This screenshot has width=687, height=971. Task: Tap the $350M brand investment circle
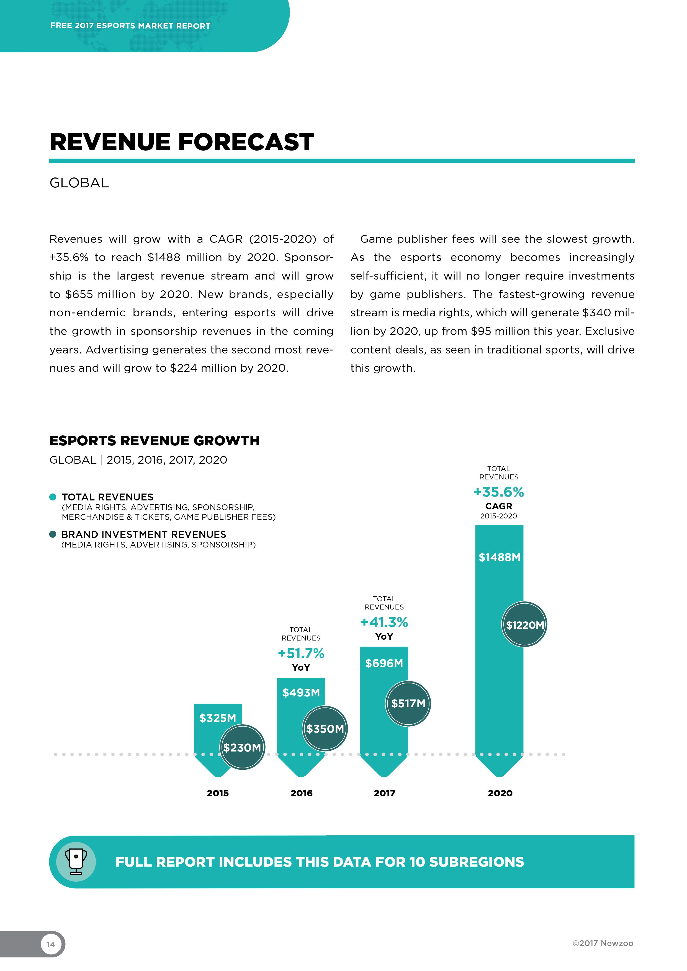point(325,729)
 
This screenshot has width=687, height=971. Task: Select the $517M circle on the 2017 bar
point(408,703)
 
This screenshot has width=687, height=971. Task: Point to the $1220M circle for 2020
point(524,625)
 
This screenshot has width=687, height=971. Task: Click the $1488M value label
point(499,557)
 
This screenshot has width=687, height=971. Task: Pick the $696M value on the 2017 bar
point(384,663)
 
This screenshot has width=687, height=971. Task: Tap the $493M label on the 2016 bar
point(301,693)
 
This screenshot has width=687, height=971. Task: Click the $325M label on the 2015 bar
point(217,718)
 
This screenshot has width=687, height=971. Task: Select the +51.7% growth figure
point(301,654)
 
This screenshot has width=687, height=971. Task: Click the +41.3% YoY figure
point(384,623)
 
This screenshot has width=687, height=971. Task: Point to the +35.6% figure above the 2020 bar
point(498,492)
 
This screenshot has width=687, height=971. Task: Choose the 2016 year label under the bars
point(301,793)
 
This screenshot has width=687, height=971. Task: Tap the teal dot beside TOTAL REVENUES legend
point(53,497)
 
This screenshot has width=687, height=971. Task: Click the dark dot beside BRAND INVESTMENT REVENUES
point(53,534)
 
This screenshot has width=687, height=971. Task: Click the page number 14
point(51,944)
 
